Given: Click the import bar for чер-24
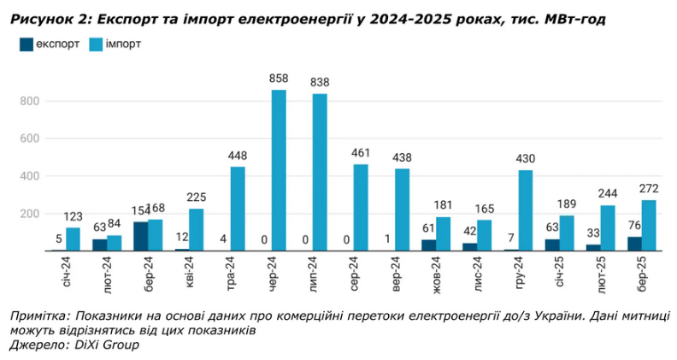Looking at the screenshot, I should (x=279, y=170).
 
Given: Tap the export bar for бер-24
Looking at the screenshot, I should (x=141, y=236).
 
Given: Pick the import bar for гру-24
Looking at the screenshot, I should (x=525, y=210).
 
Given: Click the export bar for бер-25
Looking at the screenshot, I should (x=633, y=244).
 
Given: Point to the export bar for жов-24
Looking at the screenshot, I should (x=428, y=245).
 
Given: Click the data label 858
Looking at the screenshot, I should (x=279, y=79).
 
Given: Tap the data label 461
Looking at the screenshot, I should (x=361, y=153).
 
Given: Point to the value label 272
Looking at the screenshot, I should (x=648, y=188).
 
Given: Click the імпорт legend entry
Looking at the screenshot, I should (x=123, y=43).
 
